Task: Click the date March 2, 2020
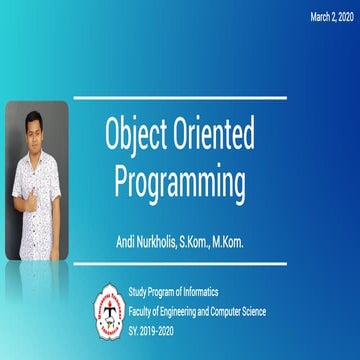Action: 331,17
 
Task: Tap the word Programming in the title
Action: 179,184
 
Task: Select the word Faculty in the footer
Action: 144,310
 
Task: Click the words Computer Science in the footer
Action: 259,310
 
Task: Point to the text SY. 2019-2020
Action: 156,326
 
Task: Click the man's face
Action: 37,131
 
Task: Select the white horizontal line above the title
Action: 180,98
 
